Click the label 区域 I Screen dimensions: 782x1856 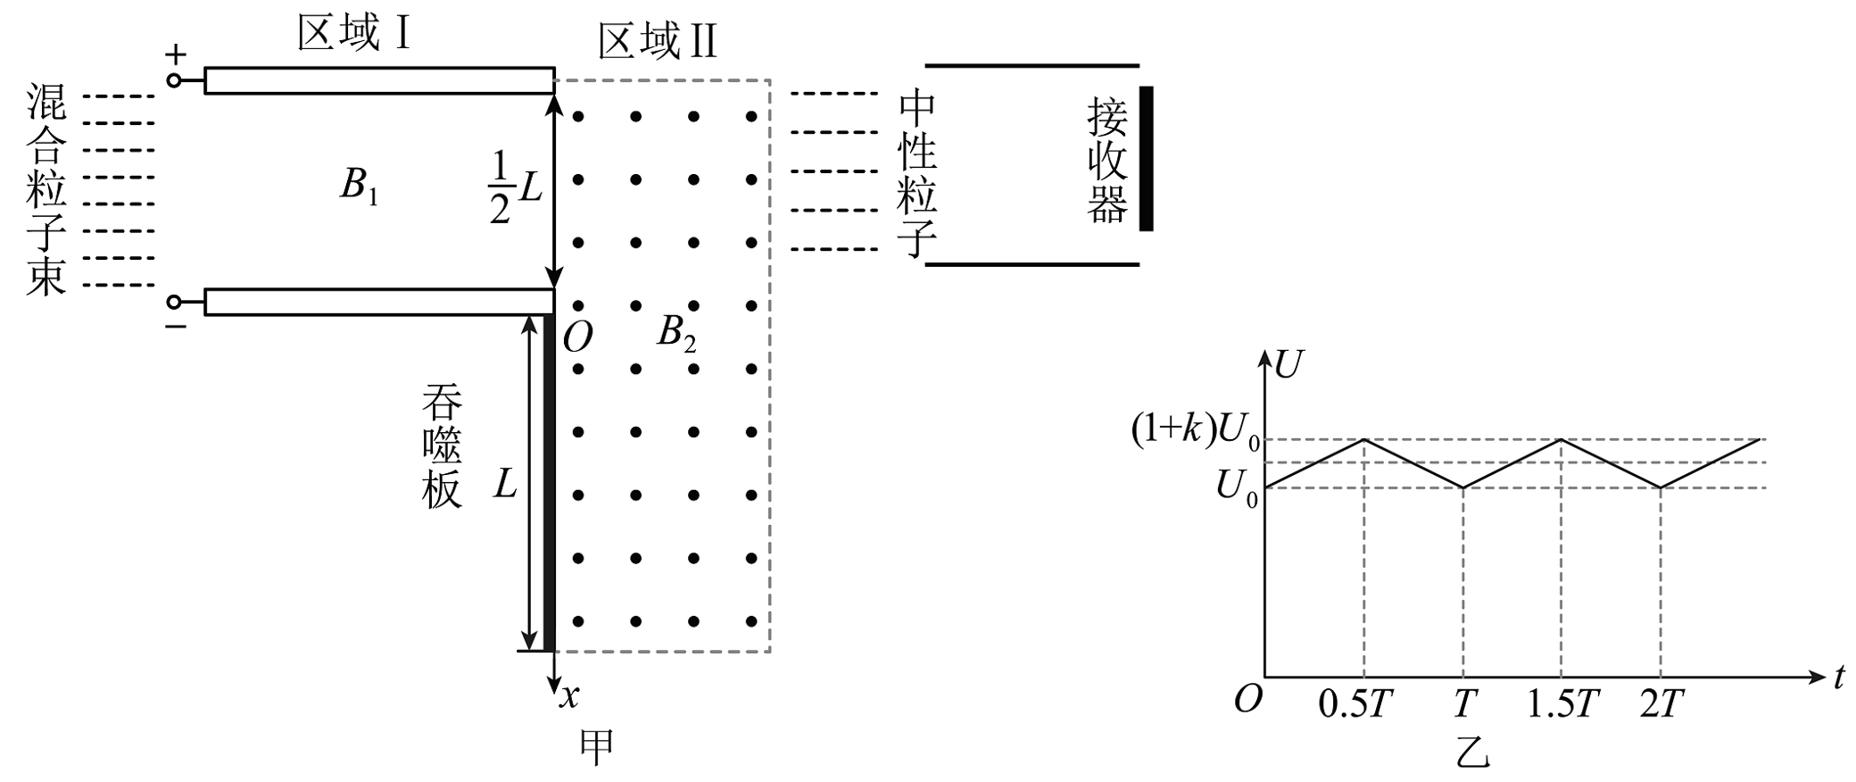tap(353, 36)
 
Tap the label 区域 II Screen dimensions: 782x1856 tap(658, 43)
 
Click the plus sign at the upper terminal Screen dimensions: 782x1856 tap(176, 55)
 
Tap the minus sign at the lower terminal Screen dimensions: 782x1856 tap(176, 327)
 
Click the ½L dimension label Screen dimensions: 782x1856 tap(516, 187)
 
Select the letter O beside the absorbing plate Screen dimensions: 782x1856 tap(578, 338)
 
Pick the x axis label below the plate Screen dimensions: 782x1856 tap(569, 695)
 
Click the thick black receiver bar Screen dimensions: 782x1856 tap(1146, 159)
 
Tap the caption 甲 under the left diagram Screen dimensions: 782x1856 tap(596, 748)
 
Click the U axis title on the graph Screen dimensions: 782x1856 tap(1288, 365)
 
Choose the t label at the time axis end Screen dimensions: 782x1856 tap(1839, 678)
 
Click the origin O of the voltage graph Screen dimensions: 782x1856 tap(1248, 700)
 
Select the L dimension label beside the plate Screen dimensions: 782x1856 tap(505, 485)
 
